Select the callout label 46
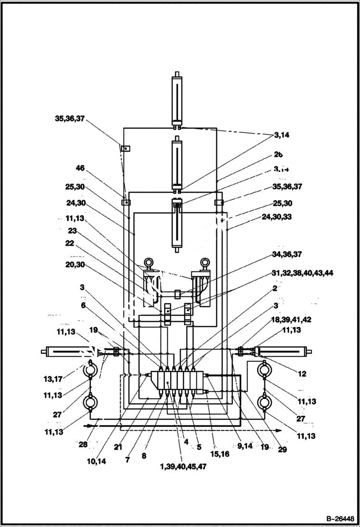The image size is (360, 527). pyautogui.click(x=80, y=168)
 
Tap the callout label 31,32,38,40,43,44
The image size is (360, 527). pyautogui.click(x=302, y=273)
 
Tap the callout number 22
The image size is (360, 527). pyautogui.click(x=71, y=244)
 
